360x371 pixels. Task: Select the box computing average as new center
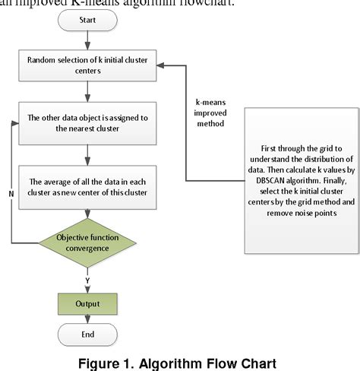pos(87,186)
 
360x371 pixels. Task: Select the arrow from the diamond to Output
pos(87,276)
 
